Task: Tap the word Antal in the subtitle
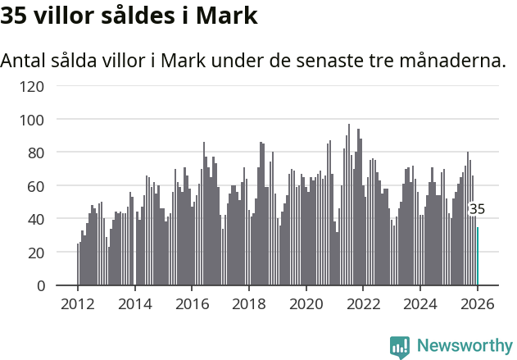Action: tap(25, 61)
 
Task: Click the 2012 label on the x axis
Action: tap(78, 303)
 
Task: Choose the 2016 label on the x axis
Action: tap(192, 303)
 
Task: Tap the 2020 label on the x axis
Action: tap(306, 303)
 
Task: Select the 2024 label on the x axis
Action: tap(420, 303)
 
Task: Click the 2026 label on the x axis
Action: tap(477, 303)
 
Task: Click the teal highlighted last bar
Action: tap(478, 257)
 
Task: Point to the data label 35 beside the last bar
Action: tap(477, 209)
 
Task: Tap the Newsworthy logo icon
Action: tap(400, 347)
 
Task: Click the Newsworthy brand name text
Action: tap(464, 346)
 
